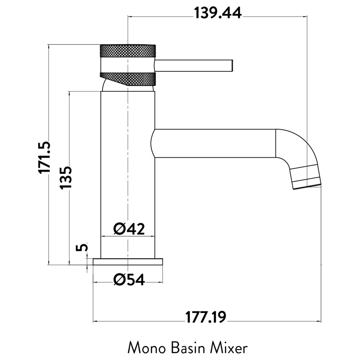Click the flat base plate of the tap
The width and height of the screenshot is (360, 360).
pos(128,262)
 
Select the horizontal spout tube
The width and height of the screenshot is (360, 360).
pos(215,143)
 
